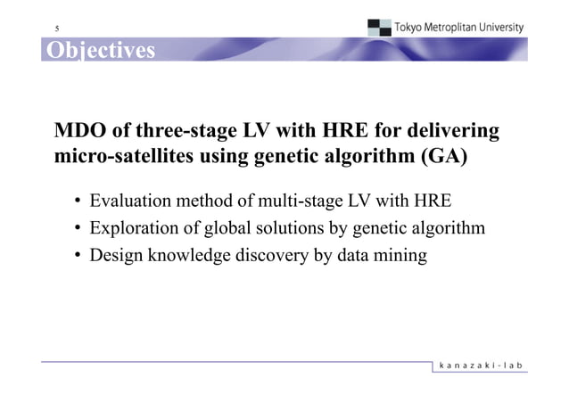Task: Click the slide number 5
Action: click(x=57, y=28)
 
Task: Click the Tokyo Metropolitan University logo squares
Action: click(x=378, y=28)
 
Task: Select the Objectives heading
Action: click(x=100, y=50)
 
